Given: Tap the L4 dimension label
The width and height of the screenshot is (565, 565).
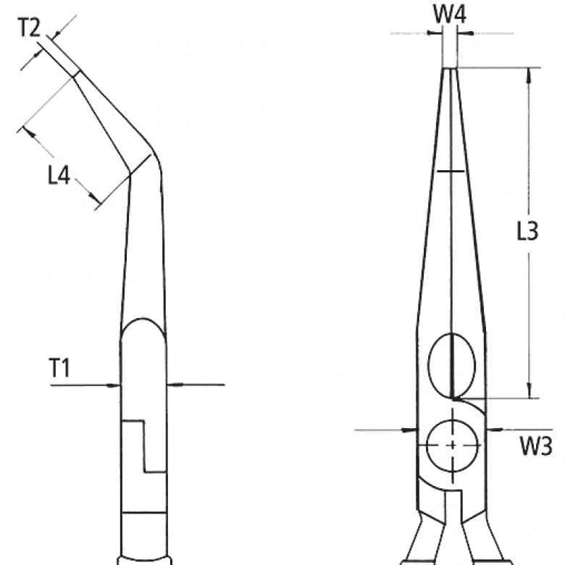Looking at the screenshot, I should click(x=59, y=175).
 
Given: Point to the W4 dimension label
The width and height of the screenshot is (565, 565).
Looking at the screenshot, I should click(x=450, y=13).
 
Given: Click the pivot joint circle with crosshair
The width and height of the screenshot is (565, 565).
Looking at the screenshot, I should click(x=452, y=444).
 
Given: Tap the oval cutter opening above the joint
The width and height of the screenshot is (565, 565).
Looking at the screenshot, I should click(x=450, y=362).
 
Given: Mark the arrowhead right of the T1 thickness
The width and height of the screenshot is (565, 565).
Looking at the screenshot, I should click(x=173, y=385).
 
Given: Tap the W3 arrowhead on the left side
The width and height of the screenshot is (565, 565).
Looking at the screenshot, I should click(x=411, y=430).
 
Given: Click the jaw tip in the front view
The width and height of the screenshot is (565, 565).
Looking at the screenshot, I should click(x=451, y=70).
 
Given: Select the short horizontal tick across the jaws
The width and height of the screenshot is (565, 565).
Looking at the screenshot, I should click(x=450, y=171).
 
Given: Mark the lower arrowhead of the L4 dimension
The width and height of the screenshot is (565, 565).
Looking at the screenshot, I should click(x=95, y=197).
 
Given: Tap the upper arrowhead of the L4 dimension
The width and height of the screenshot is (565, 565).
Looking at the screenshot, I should click(x=28, y=132).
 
